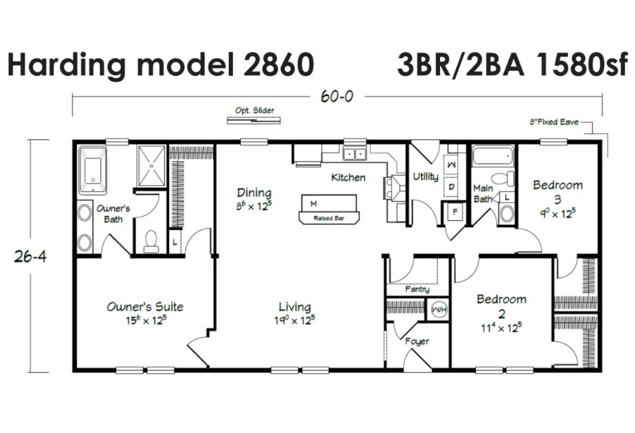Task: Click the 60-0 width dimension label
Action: pyautogui.click(x=337, y=96)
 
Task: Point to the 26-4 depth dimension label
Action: pyautogui.click(x=30, y=257)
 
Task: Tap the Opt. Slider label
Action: pyautogui.click(x=255, y=110)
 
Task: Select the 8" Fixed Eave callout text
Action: pyautogui.click(x=554, y=122)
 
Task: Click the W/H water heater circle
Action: pyautogui.click(x=439, y=309)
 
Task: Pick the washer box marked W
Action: pyautogui.click(x=451, y=165)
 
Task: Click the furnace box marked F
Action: pyautogui.click(x=455, y=212)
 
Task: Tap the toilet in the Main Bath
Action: pyautogui.click(x=503, y=178)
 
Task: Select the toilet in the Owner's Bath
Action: pyautogui.click(x=151, y=241)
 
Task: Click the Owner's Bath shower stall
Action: pyautogui.click(x=151, y=166)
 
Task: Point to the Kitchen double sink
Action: pyautogui.click(x=355, y=154)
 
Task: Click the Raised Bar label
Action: pyautogui.click(x=329, y=218)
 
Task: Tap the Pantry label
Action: pyautogui.click(x=418, y=289)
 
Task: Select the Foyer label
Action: pyautogui.click(x=417, y=341)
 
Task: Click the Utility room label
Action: pyautogui.click(x=425, y=177)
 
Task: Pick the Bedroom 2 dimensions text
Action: pyautogui.click(x=501, y=328)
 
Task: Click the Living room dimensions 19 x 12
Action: pyautogui.click(x=295, y=320)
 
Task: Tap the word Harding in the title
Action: pyautogui.click(x=66, y=65)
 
